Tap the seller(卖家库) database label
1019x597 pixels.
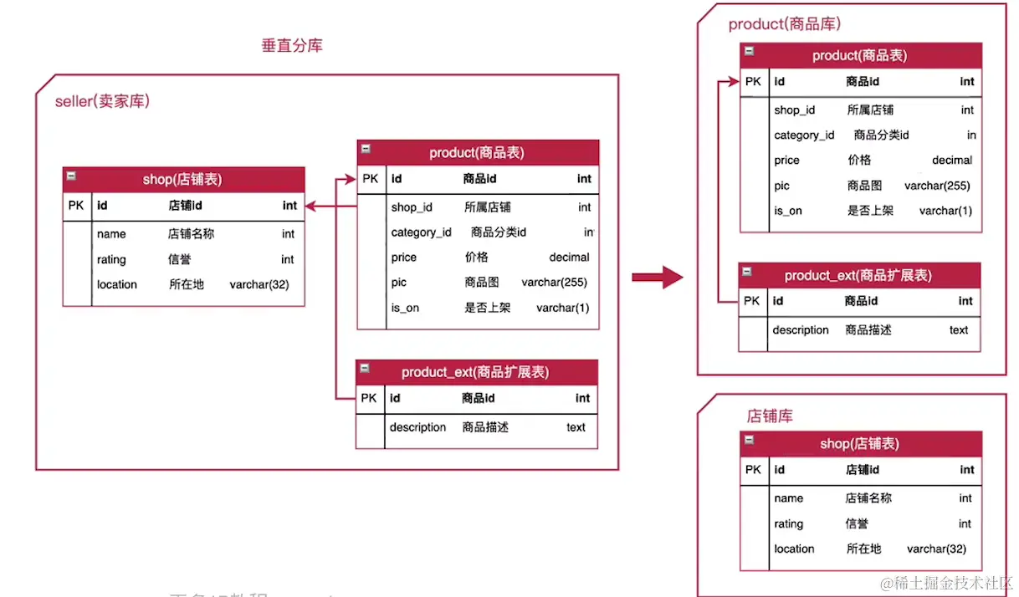pyautogui.click(x=102, y=102)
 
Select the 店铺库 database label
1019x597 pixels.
pyautogui.click(x=770, y=415)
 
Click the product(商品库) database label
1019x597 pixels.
pyautogui.click(x=784, y=24)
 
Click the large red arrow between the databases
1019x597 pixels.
pyautogui.click(x=658, y=277)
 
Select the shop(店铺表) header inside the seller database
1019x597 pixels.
pyautogui.click(x=182, y=180)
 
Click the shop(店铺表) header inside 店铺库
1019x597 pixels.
pyautogui.click(x=859, y=444)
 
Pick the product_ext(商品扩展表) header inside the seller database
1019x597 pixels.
pyautogui.click(x=475, y=372)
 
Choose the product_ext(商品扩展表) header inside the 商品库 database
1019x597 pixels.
pyautogui.click(x=858, y=275)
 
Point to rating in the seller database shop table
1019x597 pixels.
pyautogui.click(x=111, y=260)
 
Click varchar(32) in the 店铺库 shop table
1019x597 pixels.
pyautogui.click(x=936, y=549)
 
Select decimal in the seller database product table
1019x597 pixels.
pyautogui.click(x=569, y=258)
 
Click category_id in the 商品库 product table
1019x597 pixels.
pyautogui.click(x=804, y=135)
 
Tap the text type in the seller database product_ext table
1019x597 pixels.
pyautogui.click(x=576, y=427)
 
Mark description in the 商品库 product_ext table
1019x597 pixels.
pyautogui.click(x=801, y=330)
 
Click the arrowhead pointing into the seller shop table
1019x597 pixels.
pyautogui.click(x=310, y=206)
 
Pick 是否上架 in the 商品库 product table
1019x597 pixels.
pyautogui.click(x=870, y=211)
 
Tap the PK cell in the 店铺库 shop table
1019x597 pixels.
pyautogui.click(x=753, y=470)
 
